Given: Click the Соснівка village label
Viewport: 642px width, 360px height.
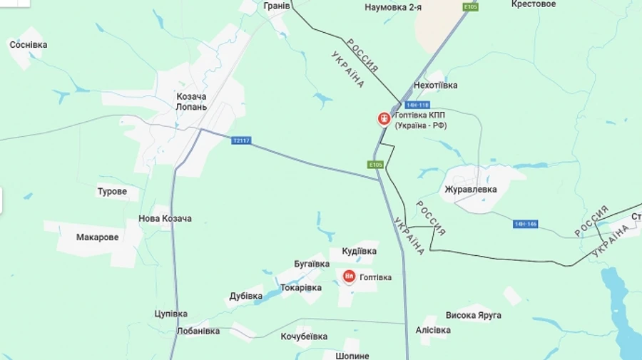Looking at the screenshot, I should pyautogui.click(x=29, y=45).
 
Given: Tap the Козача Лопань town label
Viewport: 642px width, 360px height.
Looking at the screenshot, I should pyautogui.click(x=191, y=102).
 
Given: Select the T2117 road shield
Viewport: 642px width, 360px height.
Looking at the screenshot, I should pyautogui.click(x=242, y=140).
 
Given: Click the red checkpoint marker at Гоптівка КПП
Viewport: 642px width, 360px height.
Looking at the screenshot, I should pyautogui.click(x=384, y=118).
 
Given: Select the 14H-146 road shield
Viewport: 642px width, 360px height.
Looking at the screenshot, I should pyautogui.click(x=525, y=224).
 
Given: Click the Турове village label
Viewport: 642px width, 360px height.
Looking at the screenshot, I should pyautogui.click(x=112, y=192).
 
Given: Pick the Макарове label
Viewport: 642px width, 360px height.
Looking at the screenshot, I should pyautogui.click(x=98, y=237).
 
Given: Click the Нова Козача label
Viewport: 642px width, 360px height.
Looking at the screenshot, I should pyautogui.click(x=165, y=219).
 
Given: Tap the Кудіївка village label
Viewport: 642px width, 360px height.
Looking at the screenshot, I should pyautogui.click(x=359, y=252).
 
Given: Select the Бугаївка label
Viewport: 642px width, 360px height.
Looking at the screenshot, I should pyautogui.click(x=311, y=264).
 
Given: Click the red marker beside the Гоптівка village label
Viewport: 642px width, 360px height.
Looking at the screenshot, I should pyautogui.click(x=349, y=277).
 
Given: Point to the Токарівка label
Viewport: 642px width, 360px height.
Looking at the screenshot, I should pyautogui.click(x=301, y=288).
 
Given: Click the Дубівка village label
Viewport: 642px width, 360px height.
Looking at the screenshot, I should pyautogui.click(x=246, y=296).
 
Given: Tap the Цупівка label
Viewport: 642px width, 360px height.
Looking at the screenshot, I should pyautogui.click(x=170, y=314).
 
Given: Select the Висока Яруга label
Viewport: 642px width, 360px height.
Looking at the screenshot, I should pyautogui.click(x=473, y=315).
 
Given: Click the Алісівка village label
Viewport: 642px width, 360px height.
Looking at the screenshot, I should pyautogui.click(x=433, y=330).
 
